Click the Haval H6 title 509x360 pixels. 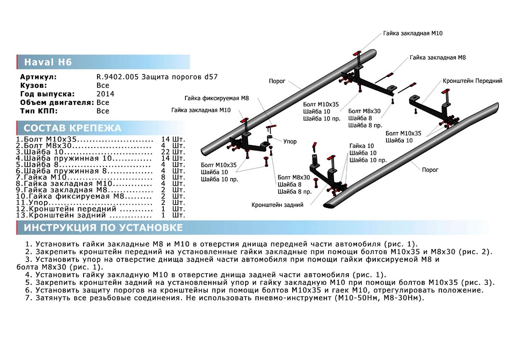tap(47, 62)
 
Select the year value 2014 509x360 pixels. tap(105, 94)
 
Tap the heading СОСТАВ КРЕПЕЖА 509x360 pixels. tap(73, 128)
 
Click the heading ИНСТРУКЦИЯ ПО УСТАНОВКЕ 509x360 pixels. tap(103, 228)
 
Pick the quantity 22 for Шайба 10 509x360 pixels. tap(166, 152)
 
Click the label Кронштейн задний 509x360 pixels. tap(277, 205)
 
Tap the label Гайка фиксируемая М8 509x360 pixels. tap(216, 98)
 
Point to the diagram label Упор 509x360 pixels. tap(291, 141)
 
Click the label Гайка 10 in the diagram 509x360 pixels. tap(359, 146)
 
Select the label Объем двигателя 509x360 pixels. tap(57, 102)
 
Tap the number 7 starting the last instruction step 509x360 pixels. tap(28, 298)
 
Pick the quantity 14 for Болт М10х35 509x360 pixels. tap(166, 139)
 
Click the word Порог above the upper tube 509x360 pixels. tap(277, 81)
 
